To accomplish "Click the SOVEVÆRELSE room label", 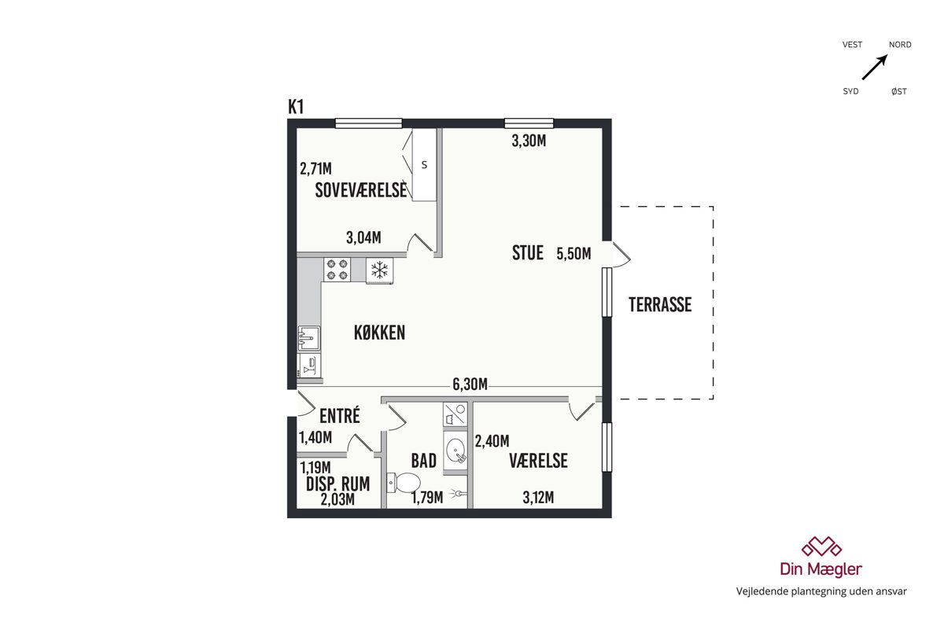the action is click(361, 190).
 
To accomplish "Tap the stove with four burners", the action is click(337, 270).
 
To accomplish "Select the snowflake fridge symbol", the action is click(380, 270).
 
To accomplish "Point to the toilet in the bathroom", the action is click(404, 482).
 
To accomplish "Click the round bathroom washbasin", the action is click(455, 451).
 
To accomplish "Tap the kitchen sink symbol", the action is click(309, 338).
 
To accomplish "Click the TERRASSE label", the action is click(660, 304).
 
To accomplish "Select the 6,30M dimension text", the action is click(470, 384).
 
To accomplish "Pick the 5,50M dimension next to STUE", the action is click(573, 254).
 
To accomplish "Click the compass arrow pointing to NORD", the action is click(875, 67).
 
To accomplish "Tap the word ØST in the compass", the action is click(899, 91).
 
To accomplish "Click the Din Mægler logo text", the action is click(821, 569).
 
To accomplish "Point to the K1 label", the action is click(296, 107).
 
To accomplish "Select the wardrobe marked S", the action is click(424, 164).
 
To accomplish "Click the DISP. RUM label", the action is click(338, 484).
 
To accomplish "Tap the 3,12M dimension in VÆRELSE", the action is click(538, 498).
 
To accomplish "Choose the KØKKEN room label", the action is click(379, 333).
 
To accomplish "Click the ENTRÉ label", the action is click(340, 415).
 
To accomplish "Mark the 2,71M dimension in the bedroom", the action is click(315, 169).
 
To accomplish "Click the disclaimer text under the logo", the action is click(821, 591).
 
